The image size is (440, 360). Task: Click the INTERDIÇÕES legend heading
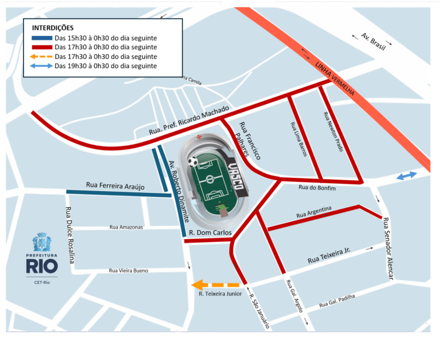coord(53,27)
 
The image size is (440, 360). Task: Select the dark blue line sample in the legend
coord(40,38)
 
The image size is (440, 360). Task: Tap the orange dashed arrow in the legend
coord(40,57)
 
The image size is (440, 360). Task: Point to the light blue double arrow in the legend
coord(40,66)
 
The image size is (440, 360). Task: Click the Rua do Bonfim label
coord(317,188)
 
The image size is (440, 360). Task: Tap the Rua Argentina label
coord(314,212)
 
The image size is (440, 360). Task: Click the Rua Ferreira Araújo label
coord(115,185)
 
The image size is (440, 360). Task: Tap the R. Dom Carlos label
coord(210,233)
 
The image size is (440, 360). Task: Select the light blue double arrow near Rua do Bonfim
coord(407,176)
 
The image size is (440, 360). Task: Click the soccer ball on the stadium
coord(195,162)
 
